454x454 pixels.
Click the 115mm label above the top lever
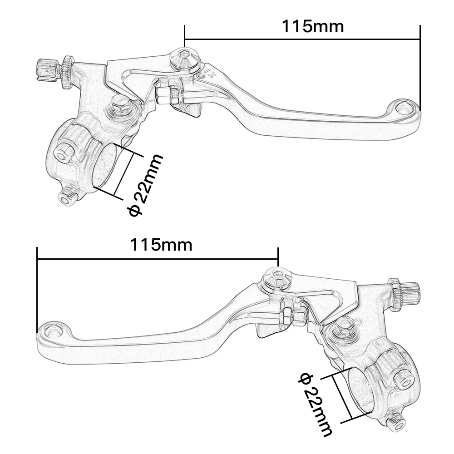click(x=313, y=27)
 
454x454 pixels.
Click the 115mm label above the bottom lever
click(x=162, y=245)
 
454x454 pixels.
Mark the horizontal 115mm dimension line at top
click(x=302, y=39)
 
